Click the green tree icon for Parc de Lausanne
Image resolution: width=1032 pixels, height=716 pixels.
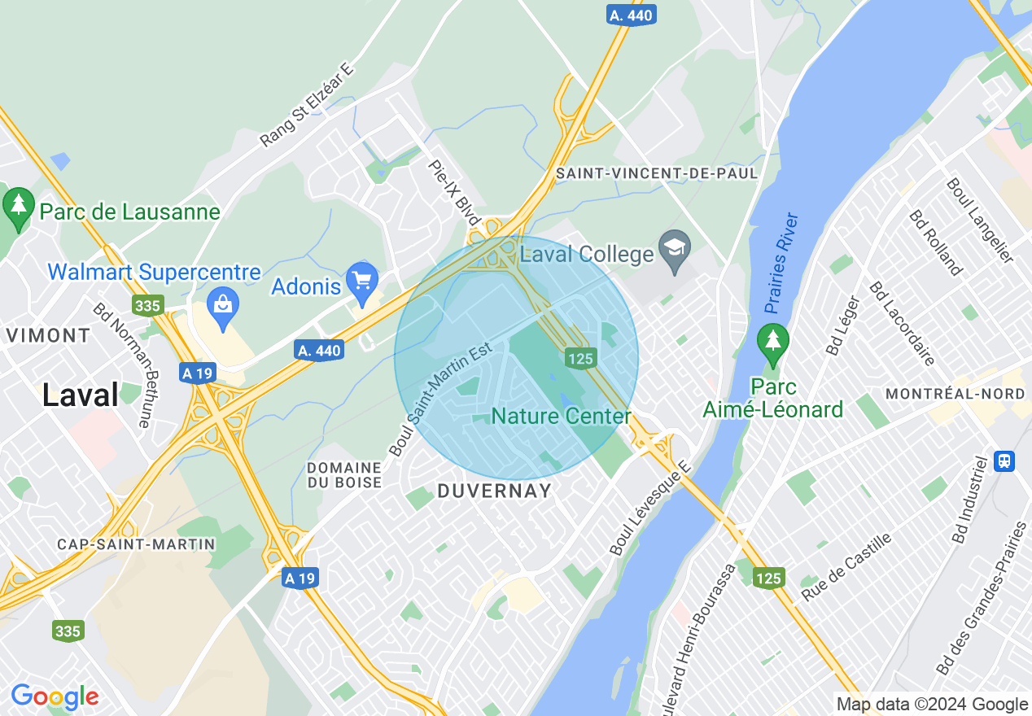click(18, 207)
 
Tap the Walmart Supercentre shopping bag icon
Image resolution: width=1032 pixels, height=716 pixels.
click(221, 304)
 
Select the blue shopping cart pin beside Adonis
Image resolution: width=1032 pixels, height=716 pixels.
click(361, 281)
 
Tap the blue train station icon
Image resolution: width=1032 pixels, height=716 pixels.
click(1004, 461)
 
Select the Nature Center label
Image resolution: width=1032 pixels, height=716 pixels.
click(562, 417)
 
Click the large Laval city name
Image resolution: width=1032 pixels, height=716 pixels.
click(80, 395)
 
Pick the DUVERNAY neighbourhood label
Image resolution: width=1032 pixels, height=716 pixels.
click(494, 491)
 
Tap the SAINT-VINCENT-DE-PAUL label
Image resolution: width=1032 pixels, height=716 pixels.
click(656, 173)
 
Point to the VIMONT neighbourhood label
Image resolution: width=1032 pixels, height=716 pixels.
click(48, 335)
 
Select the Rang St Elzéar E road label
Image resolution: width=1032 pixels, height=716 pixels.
click(308, 107)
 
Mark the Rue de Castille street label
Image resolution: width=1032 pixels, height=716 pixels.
click(846, 566)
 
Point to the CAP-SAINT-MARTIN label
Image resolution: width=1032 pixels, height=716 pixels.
click(136, 544)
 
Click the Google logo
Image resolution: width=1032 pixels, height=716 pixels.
click(55, 697)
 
